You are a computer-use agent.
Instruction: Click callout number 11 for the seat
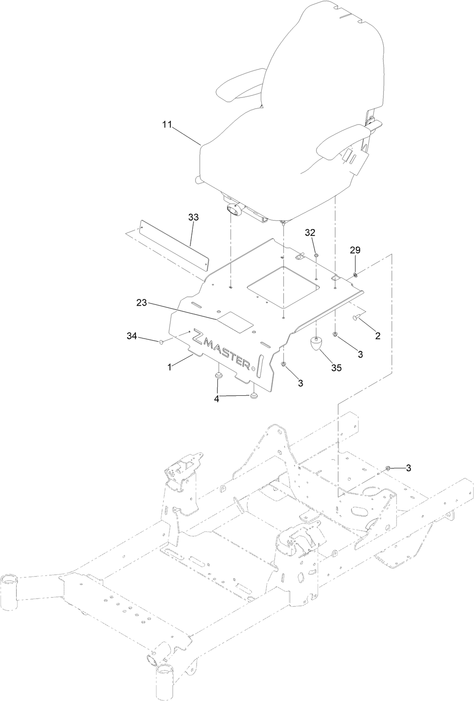click(167, 125)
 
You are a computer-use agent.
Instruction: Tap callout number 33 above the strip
click(194, 217)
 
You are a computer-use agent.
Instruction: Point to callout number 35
click(336, 368)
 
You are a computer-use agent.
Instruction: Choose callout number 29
click(355, 249)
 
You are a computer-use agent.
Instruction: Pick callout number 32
click(310, 232)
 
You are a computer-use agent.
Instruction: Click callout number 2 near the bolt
click(378, 336)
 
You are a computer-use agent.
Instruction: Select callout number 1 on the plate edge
click(169, 367)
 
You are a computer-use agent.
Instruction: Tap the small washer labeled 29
click(355, 273)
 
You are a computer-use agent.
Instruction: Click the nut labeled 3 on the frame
click(388, 469)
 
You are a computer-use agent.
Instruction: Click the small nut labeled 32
click(317, 256)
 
